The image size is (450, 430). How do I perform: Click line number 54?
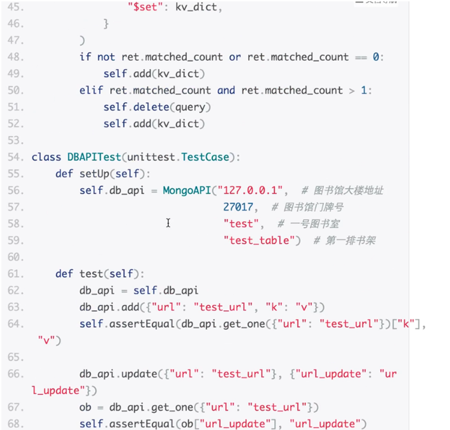click(x=15, y=157)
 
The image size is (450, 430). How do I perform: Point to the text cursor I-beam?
click(x=168, y=223)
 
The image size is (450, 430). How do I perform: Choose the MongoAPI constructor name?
click(x=186, y=190)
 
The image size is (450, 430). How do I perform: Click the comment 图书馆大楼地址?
click(x=349, y=190)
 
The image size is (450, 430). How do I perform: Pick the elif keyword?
click(x=91, y=90)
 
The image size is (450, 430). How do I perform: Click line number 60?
click(x=15, y=257)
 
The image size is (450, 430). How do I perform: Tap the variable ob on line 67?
click(x=85, y=407)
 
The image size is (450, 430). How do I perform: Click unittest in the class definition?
click(x=151, y=157)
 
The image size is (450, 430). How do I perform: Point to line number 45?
click(x=15, y=8)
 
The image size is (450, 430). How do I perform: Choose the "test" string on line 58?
click(x=244, y=224)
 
